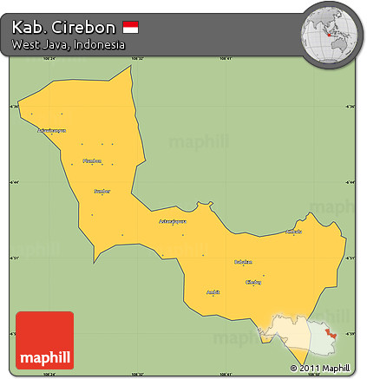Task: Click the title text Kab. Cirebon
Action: click(63, 27)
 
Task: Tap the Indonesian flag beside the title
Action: click(130, 28)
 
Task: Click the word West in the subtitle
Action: click(26, 44)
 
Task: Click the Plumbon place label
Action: click(91, 160)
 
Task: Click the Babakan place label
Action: click(244, 261)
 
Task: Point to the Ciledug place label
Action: click(253, 282)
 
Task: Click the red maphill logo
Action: click(45, 341)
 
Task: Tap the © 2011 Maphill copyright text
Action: click(323, 368)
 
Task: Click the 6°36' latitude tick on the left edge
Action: click(12, 107)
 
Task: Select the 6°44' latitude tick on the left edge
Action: click(12, 182)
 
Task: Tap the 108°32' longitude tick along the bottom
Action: click(137, 375)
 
